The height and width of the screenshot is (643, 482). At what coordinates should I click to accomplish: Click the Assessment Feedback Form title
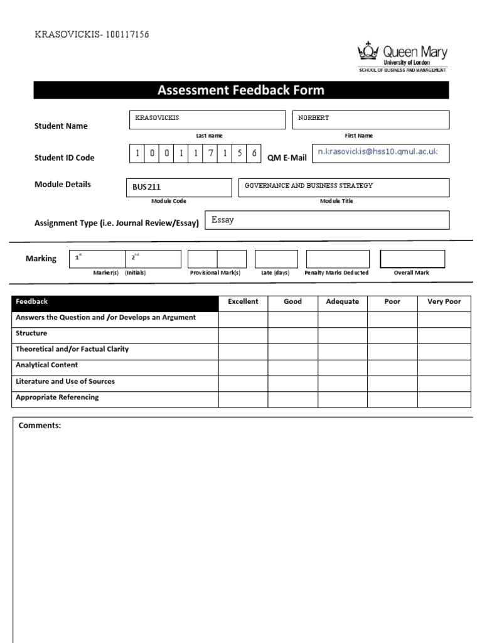241,90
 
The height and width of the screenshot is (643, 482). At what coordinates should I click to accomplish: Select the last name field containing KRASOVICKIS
207,119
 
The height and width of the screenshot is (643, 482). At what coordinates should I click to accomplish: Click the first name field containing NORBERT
370,119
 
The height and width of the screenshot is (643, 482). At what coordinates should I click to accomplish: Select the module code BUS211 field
179,186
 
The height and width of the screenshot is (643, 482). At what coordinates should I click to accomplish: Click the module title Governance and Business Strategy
343,186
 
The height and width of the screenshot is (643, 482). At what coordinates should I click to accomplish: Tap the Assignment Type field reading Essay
327,220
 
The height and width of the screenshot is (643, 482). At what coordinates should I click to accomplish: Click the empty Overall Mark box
412,259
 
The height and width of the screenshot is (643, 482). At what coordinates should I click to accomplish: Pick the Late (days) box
276,259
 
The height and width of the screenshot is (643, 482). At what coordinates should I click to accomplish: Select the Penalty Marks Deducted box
338,259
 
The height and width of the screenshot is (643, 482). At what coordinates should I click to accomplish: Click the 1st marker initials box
97,259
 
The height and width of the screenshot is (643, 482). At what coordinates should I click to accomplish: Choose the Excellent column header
243,302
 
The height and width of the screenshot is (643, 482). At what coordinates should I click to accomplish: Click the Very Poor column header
444,302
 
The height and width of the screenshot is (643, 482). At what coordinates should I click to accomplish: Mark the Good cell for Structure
292,335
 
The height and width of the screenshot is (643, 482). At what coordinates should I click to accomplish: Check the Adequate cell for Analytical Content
342,367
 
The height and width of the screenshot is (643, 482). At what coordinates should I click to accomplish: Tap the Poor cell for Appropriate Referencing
392,399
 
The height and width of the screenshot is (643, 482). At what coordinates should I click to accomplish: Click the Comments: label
40,426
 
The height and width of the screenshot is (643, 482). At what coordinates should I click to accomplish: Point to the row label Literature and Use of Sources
65,382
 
